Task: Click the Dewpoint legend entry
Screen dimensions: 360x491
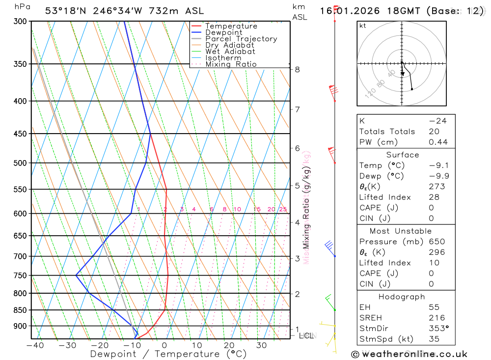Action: pos(223,32)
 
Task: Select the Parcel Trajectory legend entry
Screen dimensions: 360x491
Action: pos(241,39)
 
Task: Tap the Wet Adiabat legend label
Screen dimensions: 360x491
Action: pos(230,52)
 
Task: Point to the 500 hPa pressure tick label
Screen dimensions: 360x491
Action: pos(20,163)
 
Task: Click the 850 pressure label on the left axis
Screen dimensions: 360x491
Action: pos(20,310)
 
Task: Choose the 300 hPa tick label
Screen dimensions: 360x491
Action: pos(20,22)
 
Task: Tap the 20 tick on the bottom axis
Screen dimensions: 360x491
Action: pos(229,345)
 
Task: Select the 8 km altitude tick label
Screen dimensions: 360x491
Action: pos(298,70)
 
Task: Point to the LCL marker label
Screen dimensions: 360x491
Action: pos(306,336)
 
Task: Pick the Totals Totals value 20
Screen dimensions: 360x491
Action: pos(434,132)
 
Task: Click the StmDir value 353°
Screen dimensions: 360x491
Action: pos(438,329)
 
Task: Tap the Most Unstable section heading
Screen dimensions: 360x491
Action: pos(401,231)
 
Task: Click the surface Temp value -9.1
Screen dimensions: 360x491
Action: pos(438,166)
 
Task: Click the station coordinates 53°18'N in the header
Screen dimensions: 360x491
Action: pos(65,11)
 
